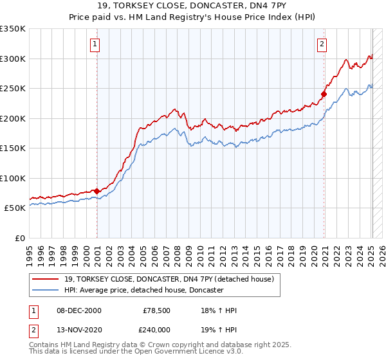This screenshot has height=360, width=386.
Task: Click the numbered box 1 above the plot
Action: (95, 44)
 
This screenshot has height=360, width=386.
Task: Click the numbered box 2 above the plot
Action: (322, 44)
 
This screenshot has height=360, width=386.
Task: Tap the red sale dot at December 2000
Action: (97, 191)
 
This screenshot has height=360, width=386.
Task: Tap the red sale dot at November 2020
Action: (324, 94)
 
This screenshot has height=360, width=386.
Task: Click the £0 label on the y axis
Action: (19, 238)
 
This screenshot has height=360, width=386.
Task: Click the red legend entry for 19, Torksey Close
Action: (165, 279)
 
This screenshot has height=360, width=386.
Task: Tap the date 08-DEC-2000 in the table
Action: (78, 310)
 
